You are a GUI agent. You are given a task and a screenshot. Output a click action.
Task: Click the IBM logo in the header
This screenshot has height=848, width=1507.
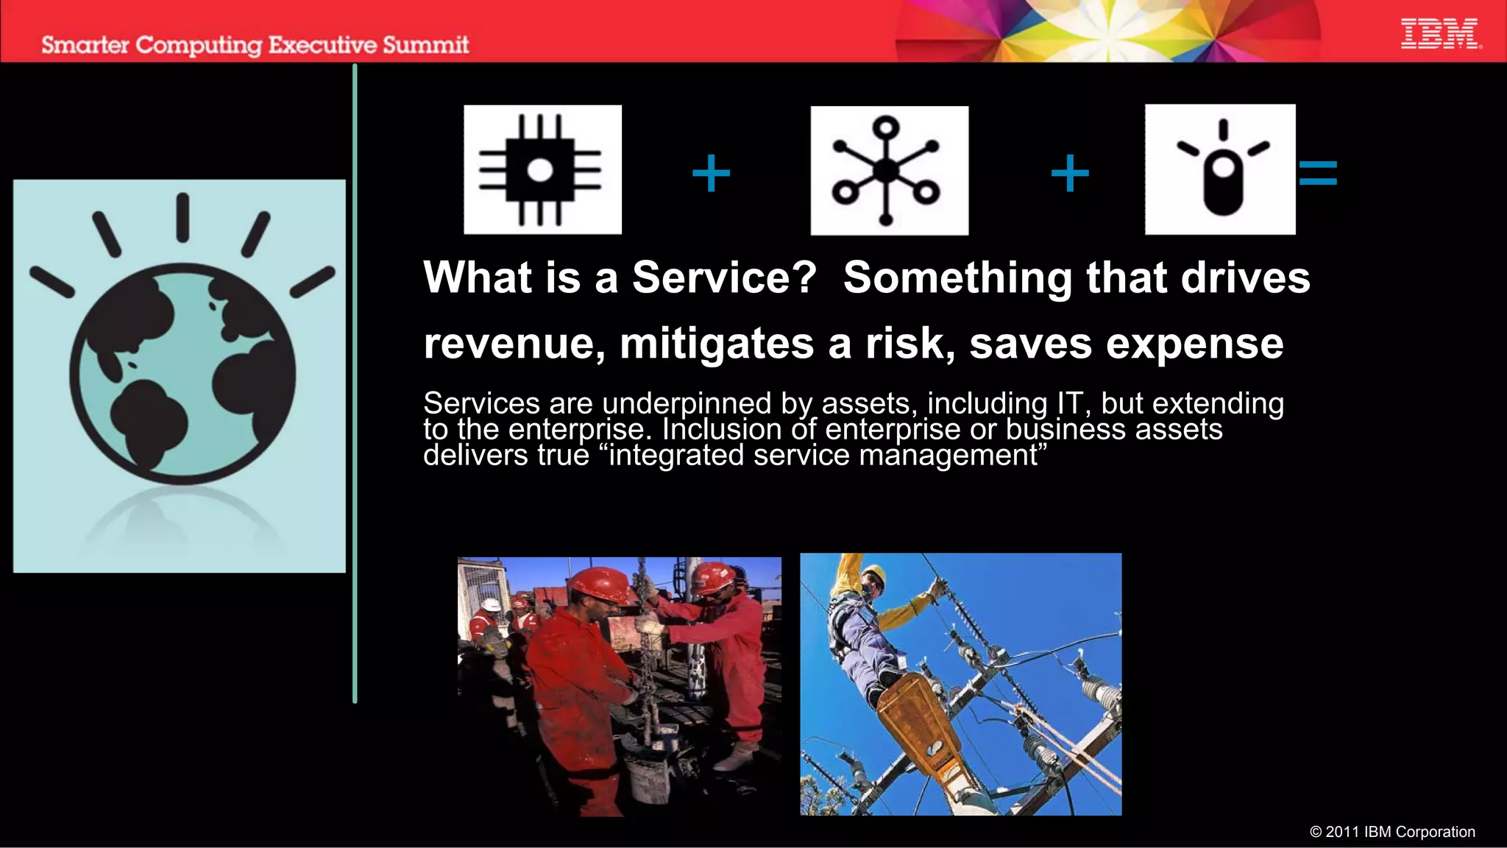1439,34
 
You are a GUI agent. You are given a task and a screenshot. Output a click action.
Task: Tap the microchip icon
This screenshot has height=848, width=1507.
542,170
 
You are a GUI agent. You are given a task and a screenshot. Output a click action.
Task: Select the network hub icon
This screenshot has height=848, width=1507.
889,171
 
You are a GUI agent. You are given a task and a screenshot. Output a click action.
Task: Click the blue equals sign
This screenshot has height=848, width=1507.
1317,174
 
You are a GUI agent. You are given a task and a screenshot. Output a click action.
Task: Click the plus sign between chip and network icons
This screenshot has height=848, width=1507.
711,174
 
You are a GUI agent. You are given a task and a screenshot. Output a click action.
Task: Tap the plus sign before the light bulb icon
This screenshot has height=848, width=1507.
1069,174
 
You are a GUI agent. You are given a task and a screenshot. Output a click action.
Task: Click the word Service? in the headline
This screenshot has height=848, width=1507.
724,278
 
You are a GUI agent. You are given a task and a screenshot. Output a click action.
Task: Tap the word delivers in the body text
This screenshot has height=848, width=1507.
476,456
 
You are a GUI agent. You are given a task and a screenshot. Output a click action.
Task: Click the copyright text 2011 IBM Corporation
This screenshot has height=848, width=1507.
1392,832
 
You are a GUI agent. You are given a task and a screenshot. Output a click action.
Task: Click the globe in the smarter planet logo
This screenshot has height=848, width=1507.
182,373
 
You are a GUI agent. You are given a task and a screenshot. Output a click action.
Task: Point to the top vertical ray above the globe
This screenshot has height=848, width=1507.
182,218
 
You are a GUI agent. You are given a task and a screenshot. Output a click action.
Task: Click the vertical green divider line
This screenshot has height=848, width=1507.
355,383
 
